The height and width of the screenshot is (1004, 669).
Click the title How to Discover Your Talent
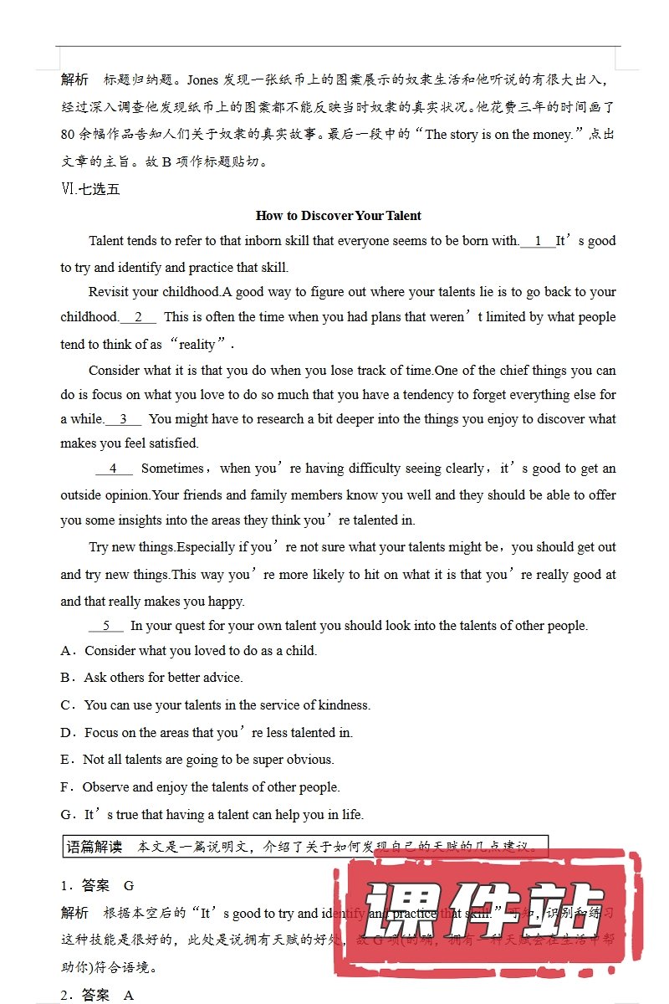[338, 215]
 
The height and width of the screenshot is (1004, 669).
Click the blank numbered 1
[538, 241]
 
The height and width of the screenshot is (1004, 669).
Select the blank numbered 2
[138, 317]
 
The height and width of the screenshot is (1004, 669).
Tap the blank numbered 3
[123, 419]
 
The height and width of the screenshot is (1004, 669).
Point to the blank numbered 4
[114, 469]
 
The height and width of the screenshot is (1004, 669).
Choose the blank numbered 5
[105, 626]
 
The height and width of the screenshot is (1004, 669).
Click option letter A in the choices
[66, 650]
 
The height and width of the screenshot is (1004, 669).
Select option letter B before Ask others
[66, 677]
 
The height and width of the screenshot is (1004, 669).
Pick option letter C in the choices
[66, 704]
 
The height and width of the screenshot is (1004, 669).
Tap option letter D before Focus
[66, 732]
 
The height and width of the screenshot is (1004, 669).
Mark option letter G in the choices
[66, 814]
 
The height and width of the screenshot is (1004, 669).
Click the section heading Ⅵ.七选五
[90, 189]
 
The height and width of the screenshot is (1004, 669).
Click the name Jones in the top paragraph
[202, 81]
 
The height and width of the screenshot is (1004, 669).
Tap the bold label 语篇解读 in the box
[94, 847]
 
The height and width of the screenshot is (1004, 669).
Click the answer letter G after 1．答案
[129, 885]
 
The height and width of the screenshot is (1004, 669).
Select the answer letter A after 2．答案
[129, 995]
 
